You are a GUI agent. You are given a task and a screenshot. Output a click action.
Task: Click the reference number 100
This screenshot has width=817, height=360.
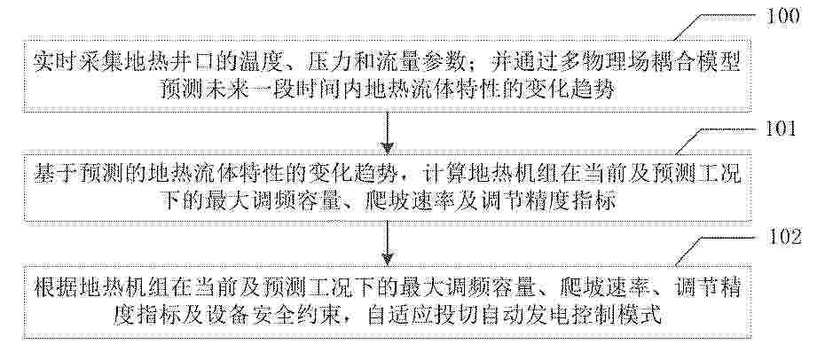tap(783, 17)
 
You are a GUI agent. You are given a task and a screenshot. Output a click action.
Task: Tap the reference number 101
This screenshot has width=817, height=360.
tap(781, 129)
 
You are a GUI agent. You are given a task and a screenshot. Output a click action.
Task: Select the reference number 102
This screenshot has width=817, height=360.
tap(783, 237)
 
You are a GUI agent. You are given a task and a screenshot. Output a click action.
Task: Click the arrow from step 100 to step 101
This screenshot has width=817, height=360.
tap(387, 132)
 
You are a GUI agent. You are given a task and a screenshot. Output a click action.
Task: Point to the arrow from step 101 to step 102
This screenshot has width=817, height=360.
tap(387, 243)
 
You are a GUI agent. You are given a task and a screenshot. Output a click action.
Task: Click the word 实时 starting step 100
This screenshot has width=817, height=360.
tap(51, 63)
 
